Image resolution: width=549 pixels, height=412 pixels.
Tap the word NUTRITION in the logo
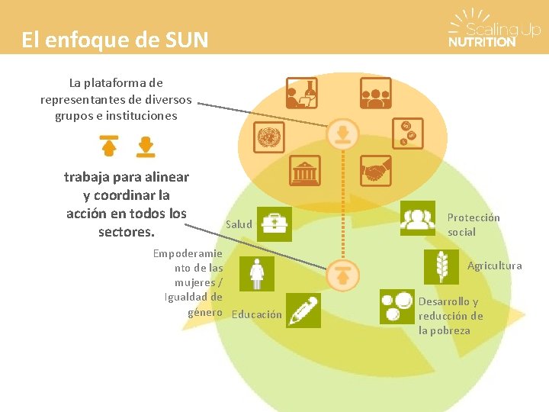coord(482,43)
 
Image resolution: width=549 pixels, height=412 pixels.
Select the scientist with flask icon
coord(301,93)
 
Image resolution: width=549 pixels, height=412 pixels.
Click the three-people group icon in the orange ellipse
coord(375,93)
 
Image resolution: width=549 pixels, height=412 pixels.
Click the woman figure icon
coord(258,273)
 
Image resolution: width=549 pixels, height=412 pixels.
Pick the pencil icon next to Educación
coord(304,311)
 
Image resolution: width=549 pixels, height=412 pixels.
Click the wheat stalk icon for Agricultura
coord(441,265)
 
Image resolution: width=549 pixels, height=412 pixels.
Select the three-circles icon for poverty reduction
coord(396,307)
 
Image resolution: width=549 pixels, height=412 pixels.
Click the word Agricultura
coord(495,266)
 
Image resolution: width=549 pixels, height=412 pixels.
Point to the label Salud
coord(239,224)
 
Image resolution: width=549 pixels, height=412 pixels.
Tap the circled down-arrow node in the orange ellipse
coord(343,135)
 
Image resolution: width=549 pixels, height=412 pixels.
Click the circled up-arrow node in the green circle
coord(343,275)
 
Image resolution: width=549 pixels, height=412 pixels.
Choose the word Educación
coord(256,314)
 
